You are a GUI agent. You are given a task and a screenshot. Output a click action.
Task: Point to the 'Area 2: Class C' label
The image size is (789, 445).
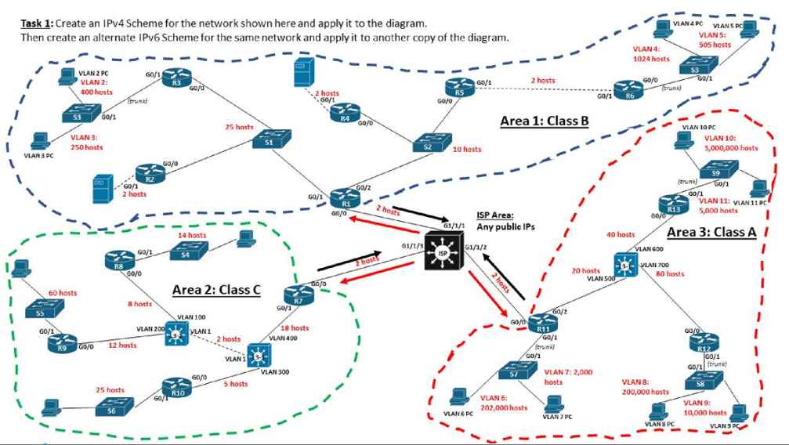[x=216, y=291]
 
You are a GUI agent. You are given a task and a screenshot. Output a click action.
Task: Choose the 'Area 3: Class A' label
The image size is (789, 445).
[x=711, y=232]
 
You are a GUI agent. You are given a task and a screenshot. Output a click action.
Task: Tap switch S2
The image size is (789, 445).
[x=427, y=145]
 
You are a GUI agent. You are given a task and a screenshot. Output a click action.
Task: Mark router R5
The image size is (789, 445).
[x=459, y=89]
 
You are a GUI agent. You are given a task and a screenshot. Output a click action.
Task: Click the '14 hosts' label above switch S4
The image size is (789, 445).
[x=191, y=234]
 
